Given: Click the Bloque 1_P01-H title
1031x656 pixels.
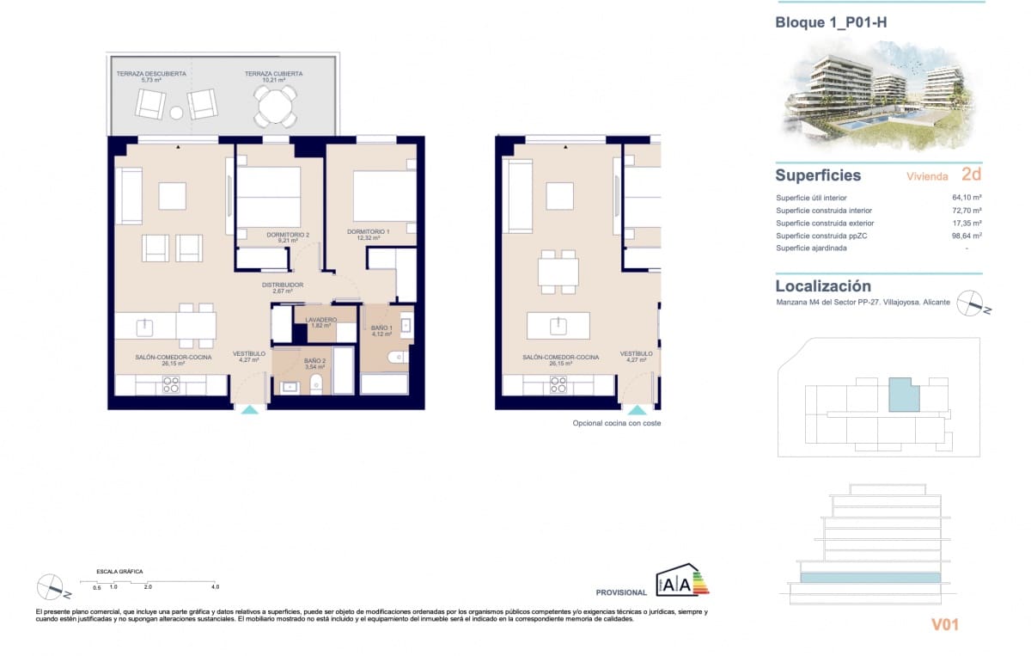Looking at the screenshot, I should pyautogui.click(x=831, y=23).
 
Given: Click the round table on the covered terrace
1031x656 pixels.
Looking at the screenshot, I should pyautogui.click(x=275, y=107).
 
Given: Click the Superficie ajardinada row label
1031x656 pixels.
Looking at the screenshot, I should pyautogui.click(x=811, y=248).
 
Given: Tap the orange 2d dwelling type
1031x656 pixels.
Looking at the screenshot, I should pyautogui.click(x=971, y=175).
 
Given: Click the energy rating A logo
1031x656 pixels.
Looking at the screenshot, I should pyautogui.click(x=682, y=581).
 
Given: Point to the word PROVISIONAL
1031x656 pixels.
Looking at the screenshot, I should pyautogui.click(x=621, y=592).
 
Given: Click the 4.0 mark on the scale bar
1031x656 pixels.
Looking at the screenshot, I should pyautogui.click(x=215, y=586).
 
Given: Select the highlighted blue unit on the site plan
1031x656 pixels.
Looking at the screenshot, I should pyautogui.click(x=903, y=395).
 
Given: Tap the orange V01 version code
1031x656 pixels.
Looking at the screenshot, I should pyautogui.click(x=944, y=625).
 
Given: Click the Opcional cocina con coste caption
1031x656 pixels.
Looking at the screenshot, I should pyautogui.click(x=616, y=423).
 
